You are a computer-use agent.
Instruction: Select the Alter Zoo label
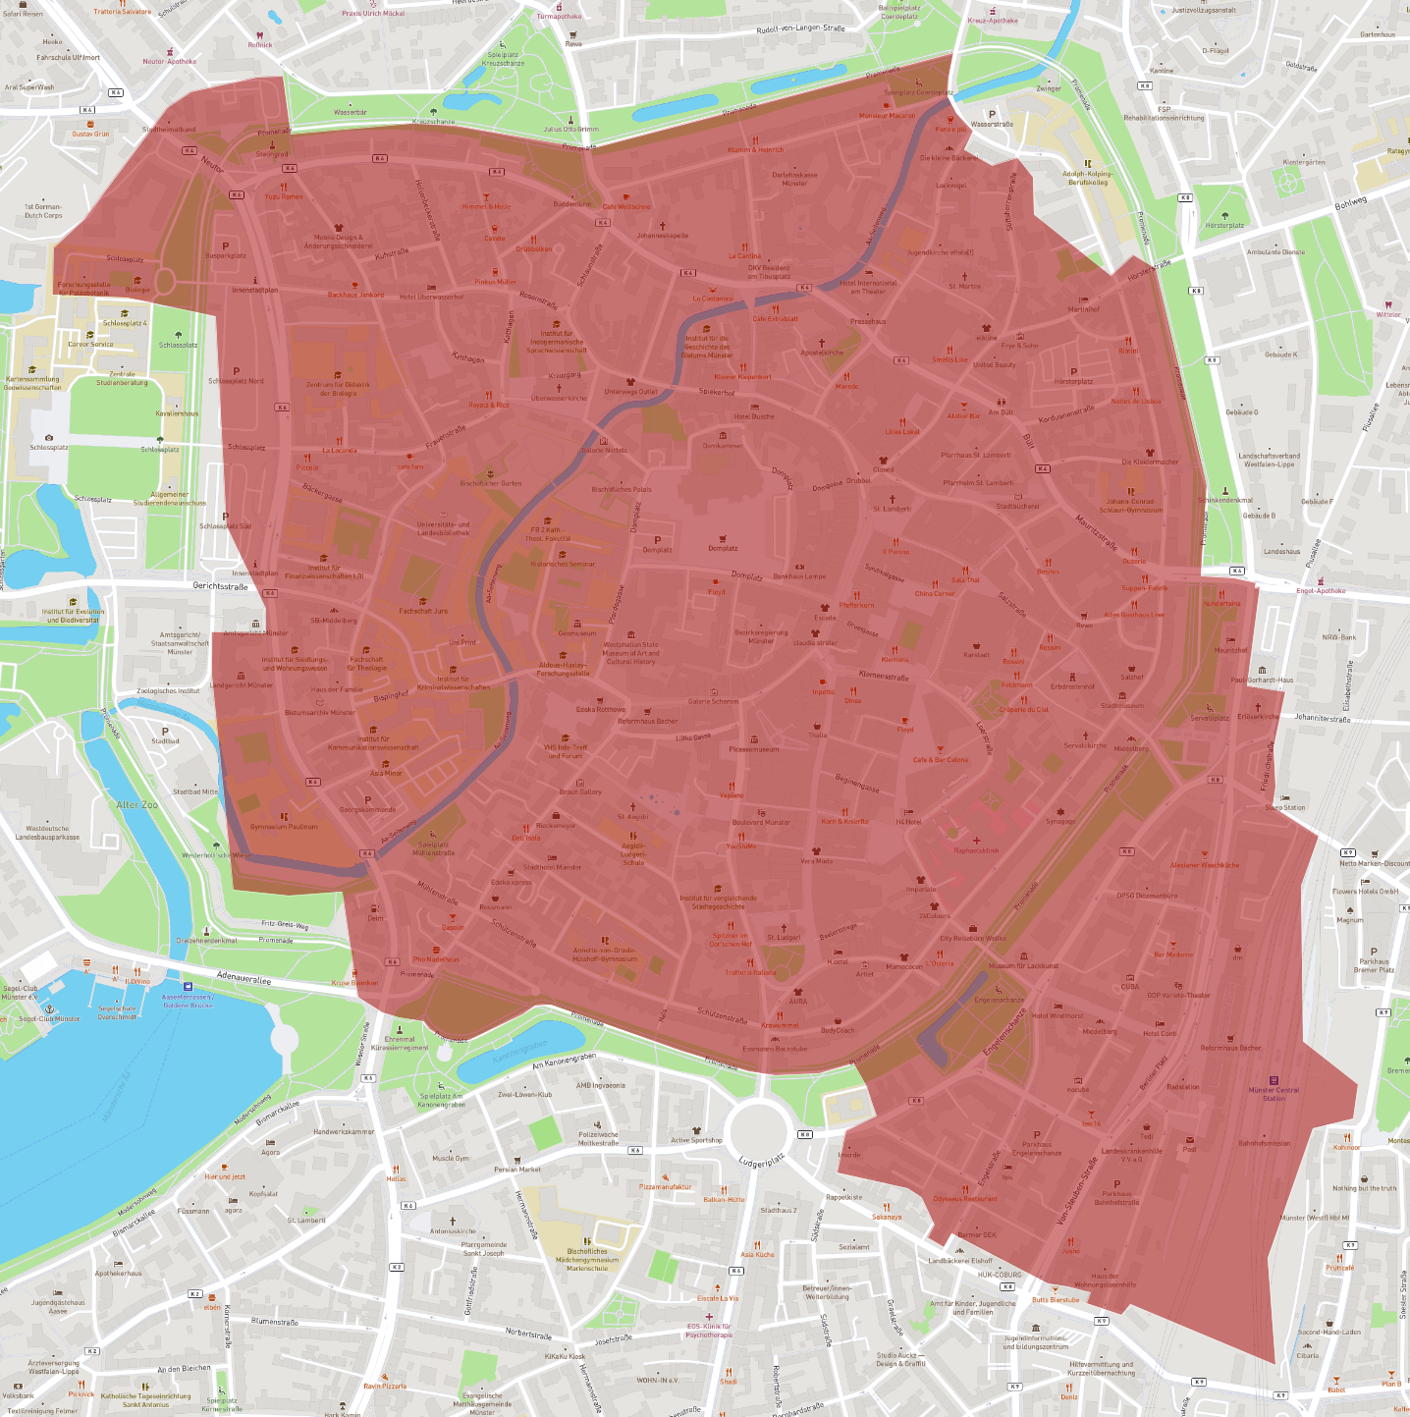136,805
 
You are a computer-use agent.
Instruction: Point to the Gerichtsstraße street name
220,586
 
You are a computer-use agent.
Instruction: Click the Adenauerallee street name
243,978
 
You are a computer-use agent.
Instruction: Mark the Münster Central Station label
1274,1094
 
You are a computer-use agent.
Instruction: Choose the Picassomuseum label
754,749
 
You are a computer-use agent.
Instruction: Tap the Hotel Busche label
754,416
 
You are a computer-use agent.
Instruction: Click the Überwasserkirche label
559,399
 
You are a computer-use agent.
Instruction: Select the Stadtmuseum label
1122,705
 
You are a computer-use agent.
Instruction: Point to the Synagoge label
1060,821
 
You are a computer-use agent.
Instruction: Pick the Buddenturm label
572,204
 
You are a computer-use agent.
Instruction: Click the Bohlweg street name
1350,203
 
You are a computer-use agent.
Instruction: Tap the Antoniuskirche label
453,1230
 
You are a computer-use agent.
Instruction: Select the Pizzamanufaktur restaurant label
666,1186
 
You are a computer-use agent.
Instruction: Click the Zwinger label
1049,88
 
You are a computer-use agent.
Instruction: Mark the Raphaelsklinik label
976,850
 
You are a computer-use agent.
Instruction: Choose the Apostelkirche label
822,353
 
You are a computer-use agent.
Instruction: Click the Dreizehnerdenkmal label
206,941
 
